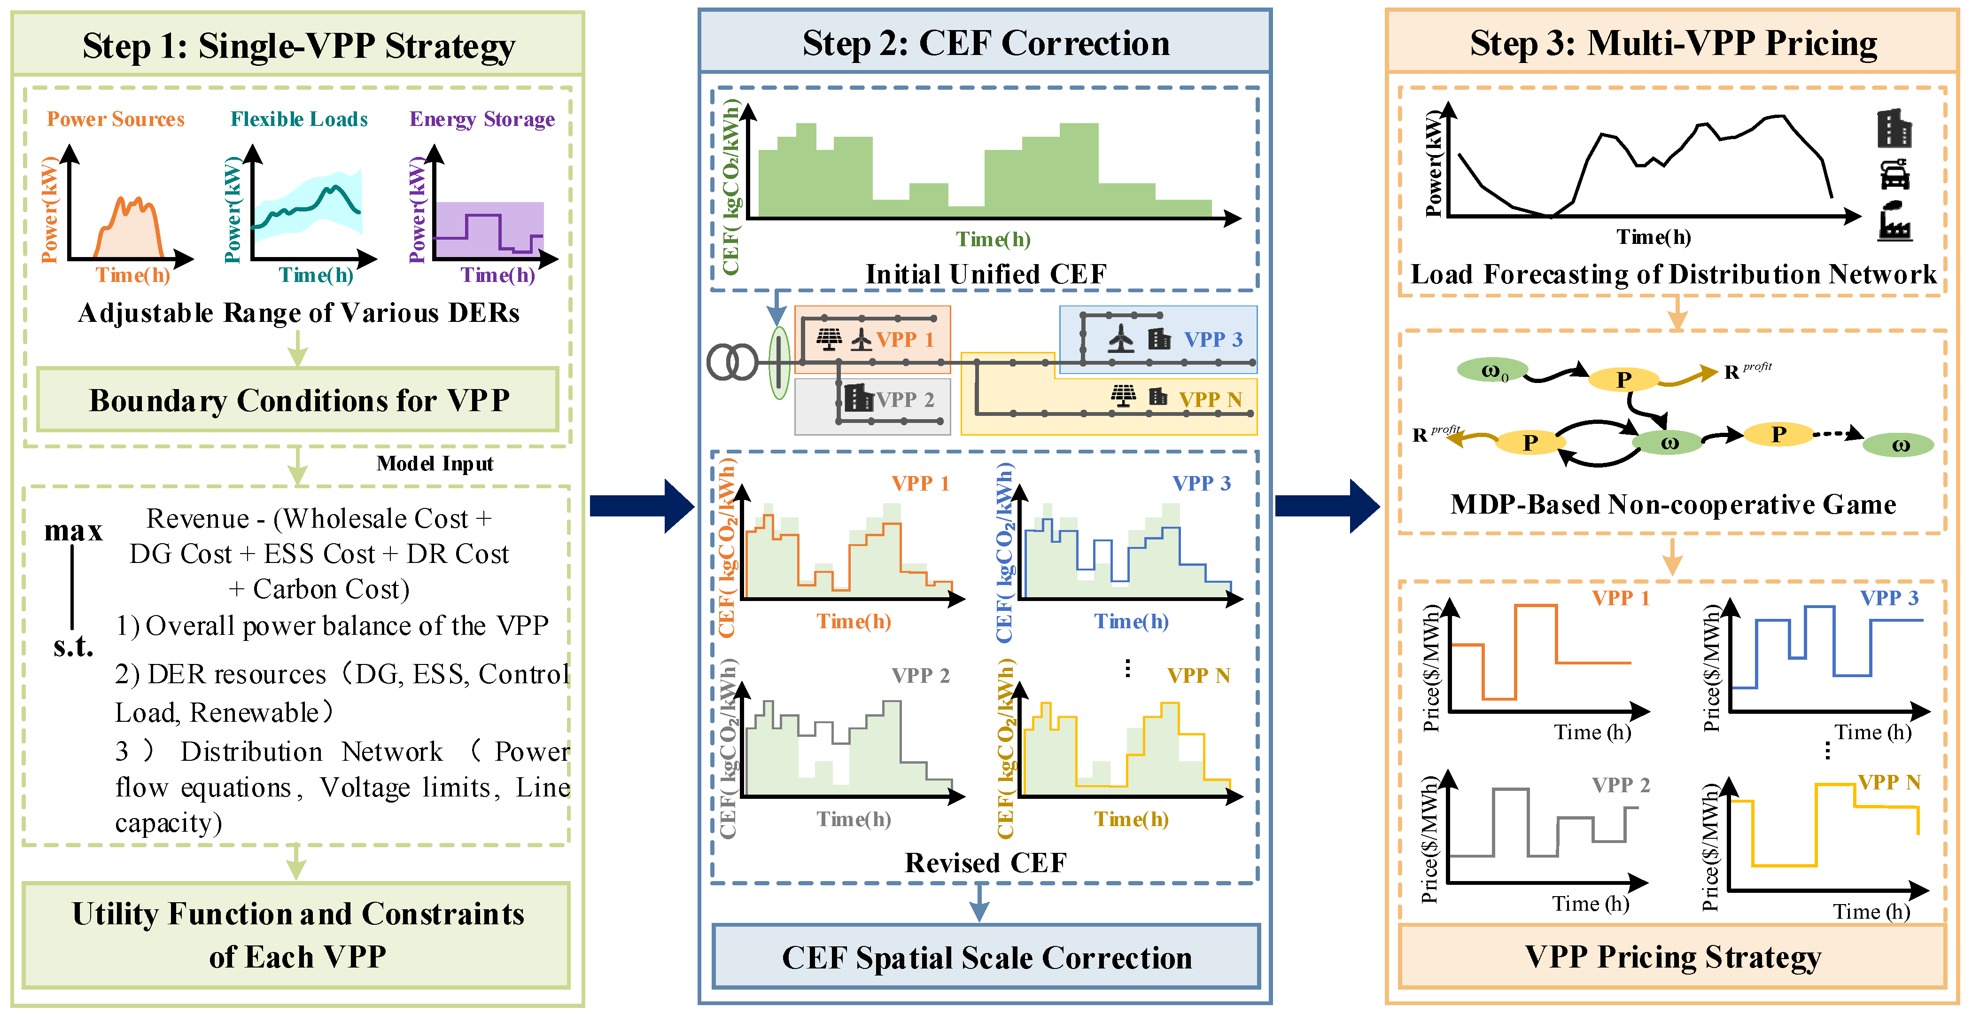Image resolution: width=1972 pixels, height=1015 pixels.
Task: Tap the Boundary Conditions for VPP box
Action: click(x=299, y=400)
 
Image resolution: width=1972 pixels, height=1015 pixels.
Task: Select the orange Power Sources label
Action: click(x=116, y=119)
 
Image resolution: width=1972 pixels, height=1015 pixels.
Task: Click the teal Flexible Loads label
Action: click(x=299, y=119)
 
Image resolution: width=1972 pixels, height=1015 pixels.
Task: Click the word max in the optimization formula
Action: click(x=73, y=530)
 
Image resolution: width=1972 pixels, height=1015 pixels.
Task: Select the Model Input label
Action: click(x=435, y=463)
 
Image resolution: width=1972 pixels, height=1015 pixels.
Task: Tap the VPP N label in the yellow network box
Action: click(x=1210, y=399)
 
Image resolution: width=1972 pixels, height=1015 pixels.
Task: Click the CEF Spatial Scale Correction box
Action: click(x=986, y=958)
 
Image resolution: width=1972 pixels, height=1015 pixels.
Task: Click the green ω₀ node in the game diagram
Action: click(x=1493, y=372)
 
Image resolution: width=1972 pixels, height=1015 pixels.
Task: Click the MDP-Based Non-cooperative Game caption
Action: click(x=1673, y=504)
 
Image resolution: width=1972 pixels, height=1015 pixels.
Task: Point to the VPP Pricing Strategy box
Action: click(x=1673, y=957)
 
